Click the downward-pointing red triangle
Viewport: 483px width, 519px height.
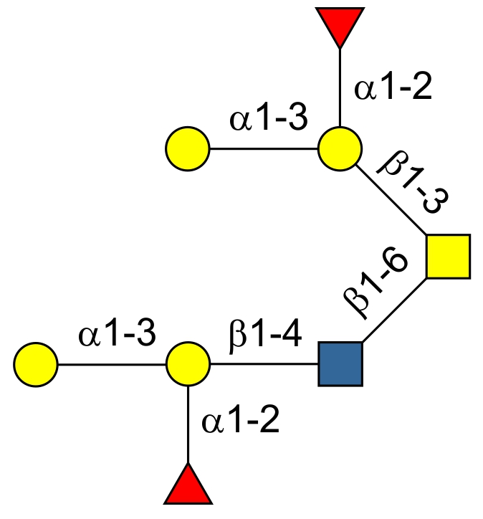[x=339, y=25]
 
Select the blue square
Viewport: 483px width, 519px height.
[x=340, y=364]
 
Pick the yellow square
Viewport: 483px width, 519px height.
[x=449, y=256]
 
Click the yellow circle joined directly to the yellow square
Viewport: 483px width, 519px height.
[x=339, y=149]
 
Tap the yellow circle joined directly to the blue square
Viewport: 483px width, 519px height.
[x=188, y=364]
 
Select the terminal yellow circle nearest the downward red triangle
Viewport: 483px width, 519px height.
[x=188, y=149]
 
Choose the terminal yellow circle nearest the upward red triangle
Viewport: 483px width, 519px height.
[x=35, y=364]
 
